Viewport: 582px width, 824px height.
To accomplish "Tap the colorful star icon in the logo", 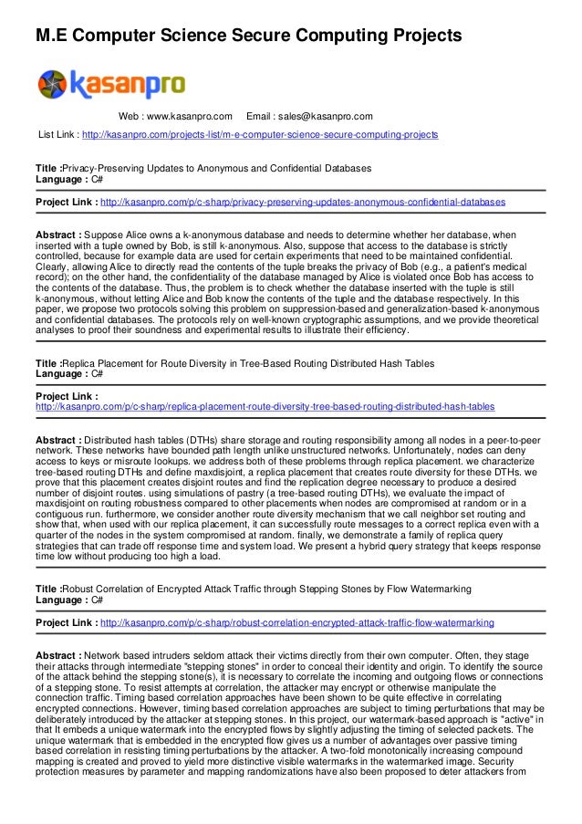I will (52, 85).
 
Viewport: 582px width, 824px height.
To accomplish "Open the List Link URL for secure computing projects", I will (260, 135).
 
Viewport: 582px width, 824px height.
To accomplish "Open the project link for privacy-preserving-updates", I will (303, 201).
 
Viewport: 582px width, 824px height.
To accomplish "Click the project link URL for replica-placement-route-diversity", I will (265, 407).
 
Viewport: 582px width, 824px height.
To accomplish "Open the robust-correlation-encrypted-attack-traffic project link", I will (296, 622).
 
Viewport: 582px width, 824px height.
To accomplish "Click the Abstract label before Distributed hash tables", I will (59, 440).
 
